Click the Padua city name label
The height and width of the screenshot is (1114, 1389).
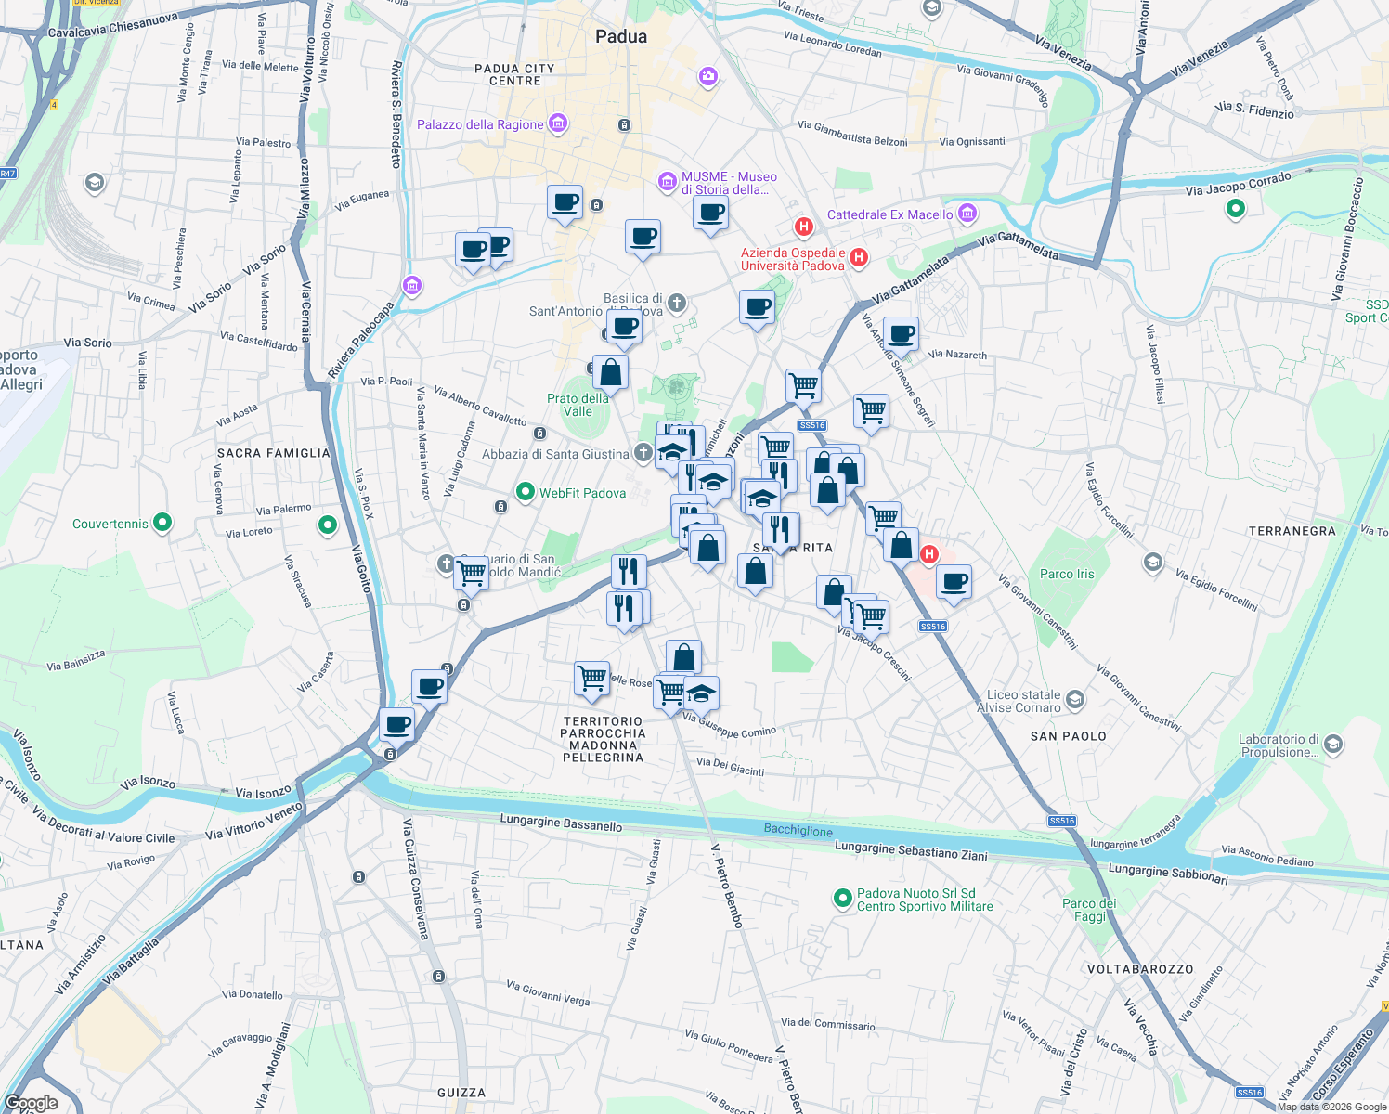click(621, 36)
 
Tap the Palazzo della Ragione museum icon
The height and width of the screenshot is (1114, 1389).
click(558, 123)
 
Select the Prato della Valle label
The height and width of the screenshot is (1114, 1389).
click(578, 405)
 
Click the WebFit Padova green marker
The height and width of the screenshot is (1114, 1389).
click(525, 492)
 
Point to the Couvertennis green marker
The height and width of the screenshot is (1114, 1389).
click(162, 523)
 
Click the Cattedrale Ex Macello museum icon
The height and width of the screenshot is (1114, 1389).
click(967, 214)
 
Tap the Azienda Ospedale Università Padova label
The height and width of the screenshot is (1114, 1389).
click(793, 259)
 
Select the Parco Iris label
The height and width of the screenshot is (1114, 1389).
click(1067, 574)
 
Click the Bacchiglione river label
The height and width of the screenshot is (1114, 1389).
click(798, 830)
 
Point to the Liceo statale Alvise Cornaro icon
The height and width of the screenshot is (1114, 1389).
click(1075, 699)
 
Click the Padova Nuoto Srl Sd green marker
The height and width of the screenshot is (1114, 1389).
click(842, 898)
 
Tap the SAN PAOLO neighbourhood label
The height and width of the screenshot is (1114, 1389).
click(1068, 736)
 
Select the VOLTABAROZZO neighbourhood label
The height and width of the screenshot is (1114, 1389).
click(1139, 969)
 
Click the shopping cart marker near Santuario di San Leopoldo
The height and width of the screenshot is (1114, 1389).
click(472, 572)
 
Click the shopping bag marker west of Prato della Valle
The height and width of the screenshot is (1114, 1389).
click(611, 373)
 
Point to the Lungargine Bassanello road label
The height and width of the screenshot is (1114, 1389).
click(561, 823)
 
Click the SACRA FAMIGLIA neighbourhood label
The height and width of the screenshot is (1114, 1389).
click(273, 453)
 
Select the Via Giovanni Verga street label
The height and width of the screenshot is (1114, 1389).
click(548, 993)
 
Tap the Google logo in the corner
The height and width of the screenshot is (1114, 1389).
click(32, 1103)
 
